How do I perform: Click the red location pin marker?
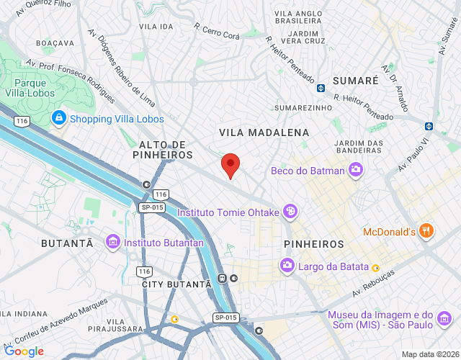pos(230,165)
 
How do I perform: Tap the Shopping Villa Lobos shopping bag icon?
pos(58,119)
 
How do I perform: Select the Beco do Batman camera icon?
pos(354,171)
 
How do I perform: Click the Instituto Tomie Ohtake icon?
pos(290,212)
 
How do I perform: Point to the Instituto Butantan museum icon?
pos(112,243)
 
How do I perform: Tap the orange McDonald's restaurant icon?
pos(426,232)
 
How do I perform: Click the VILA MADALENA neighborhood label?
pos(264,133)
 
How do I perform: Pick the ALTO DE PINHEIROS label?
pos(164,150)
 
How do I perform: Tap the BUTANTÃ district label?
pos(67,243)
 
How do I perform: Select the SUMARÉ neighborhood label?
pos(355,81)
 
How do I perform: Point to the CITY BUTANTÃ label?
pos(176,285)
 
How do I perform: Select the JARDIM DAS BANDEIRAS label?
pos(358,146)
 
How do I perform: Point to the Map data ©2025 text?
pos(430,354)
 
